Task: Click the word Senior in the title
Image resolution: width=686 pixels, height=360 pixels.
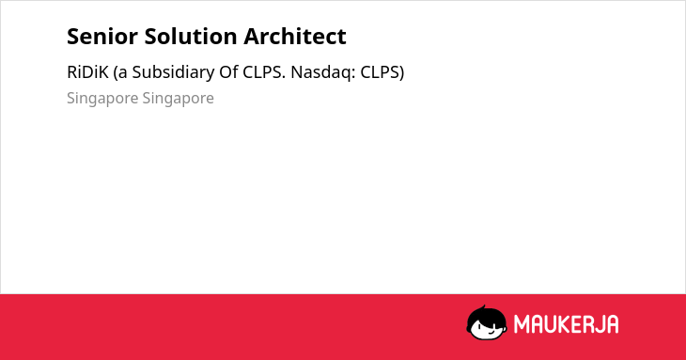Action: (102, 37)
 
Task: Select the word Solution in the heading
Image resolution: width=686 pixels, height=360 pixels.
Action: (191, 37)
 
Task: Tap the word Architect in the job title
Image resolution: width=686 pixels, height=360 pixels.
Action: (295, 37)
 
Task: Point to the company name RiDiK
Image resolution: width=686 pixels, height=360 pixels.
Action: (87, 72)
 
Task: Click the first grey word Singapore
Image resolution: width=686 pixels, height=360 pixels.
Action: (102, 99)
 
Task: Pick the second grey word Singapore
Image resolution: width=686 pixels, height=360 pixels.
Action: (178, 99)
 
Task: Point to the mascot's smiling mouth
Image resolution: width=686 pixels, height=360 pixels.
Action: (491, 333)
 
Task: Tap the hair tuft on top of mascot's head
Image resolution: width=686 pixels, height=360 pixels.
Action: (483, 307)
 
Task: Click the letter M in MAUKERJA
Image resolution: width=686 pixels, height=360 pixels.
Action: (522, 324)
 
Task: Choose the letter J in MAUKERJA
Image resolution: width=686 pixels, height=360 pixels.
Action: (599, 324)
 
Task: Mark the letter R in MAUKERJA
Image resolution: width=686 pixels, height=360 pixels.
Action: (587, 324)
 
